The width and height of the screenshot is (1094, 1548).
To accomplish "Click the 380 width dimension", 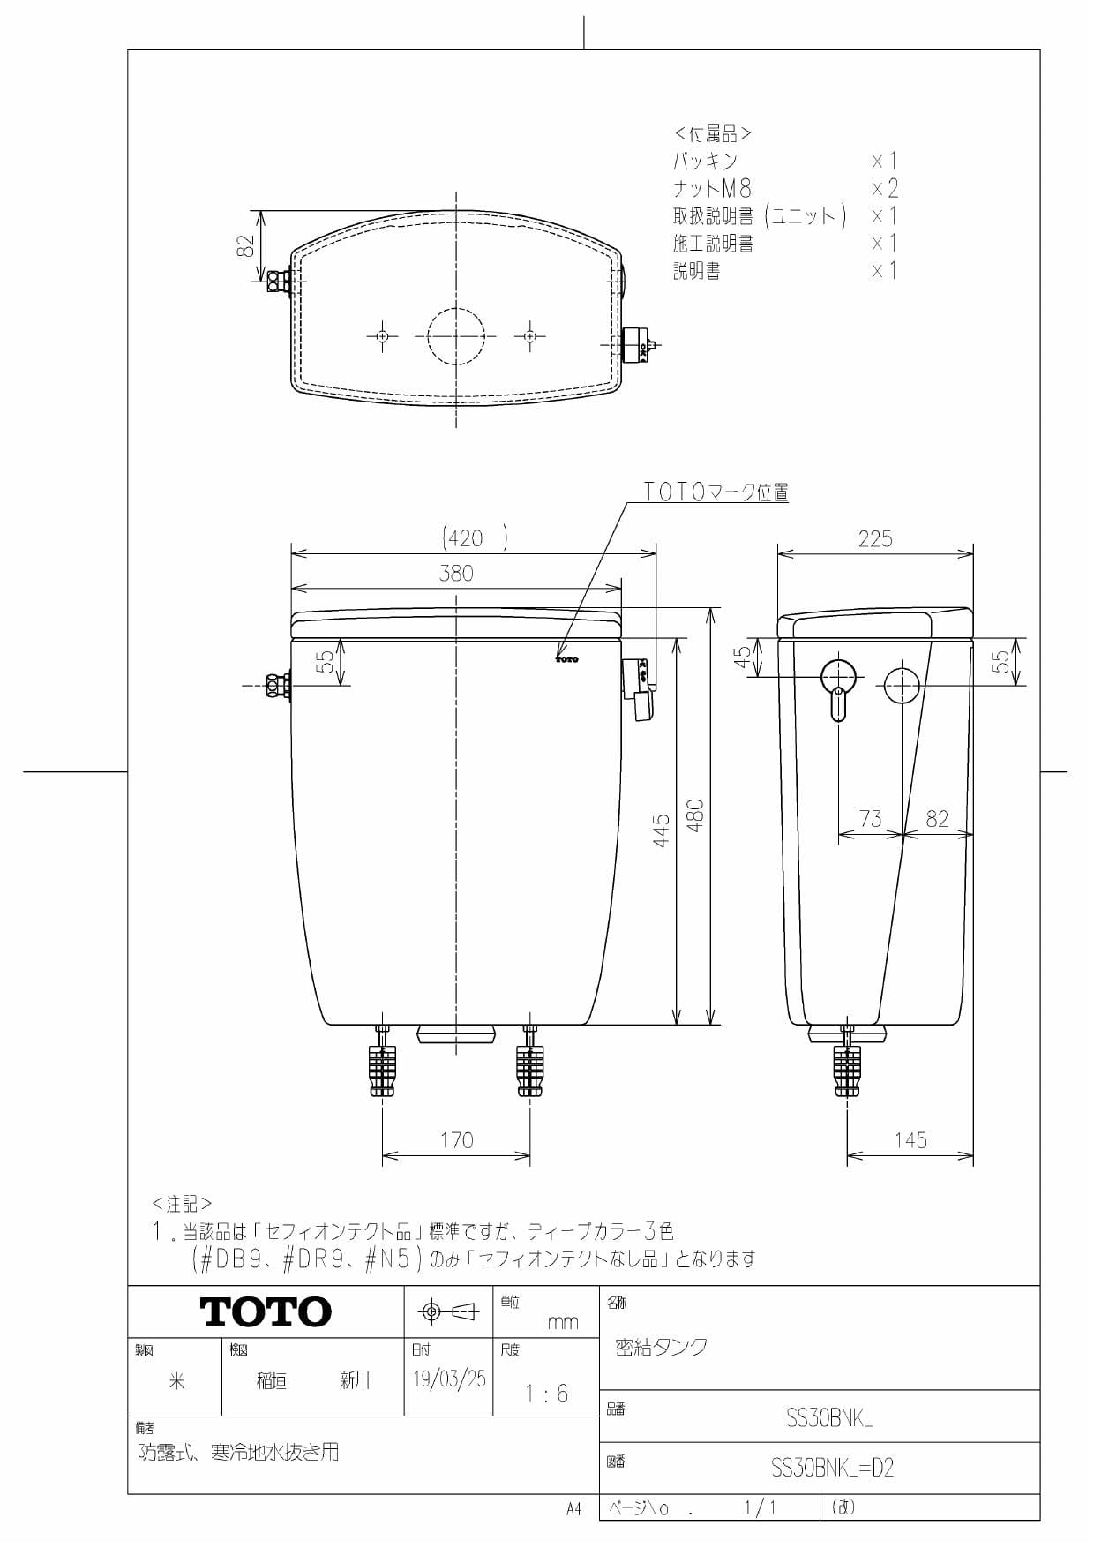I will click(x=456, y=574).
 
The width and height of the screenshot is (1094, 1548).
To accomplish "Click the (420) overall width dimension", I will click(x=474, y=537).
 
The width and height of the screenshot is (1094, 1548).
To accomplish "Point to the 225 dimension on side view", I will click(x=874, y=538).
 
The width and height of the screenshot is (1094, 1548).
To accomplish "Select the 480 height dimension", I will click(x=695, y=815).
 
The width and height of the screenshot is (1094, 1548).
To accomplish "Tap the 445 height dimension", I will click(x=661, y=830).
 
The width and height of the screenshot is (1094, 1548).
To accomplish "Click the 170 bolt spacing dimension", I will click(x=456, y=1140).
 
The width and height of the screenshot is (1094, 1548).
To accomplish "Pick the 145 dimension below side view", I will click(x=910, y=1140).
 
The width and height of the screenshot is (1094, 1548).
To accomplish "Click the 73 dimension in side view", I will click(x=870, y=819).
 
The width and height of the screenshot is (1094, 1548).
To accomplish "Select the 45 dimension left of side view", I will click(x=743, y=657).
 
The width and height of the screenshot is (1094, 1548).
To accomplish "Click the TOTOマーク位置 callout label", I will click(x=716, y=492).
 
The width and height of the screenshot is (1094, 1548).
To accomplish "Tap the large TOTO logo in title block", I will click(x=266, y=1312).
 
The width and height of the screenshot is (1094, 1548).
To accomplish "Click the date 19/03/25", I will click(x=449, y=1379).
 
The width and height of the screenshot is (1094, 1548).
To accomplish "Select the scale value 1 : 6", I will click(x=546, y=1394).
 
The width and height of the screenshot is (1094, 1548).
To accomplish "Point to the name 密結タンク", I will click(x=661, y=1347).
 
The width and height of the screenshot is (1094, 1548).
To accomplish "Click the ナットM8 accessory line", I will click(x=713, y=188).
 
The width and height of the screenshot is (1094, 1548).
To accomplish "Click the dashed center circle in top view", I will click(x=456, y=335).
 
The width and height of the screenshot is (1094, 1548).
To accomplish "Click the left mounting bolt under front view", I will click(x=383, y=1063).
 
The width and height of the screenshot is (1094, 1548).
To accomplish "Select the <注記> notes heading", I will click(x=182, y=1204).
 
